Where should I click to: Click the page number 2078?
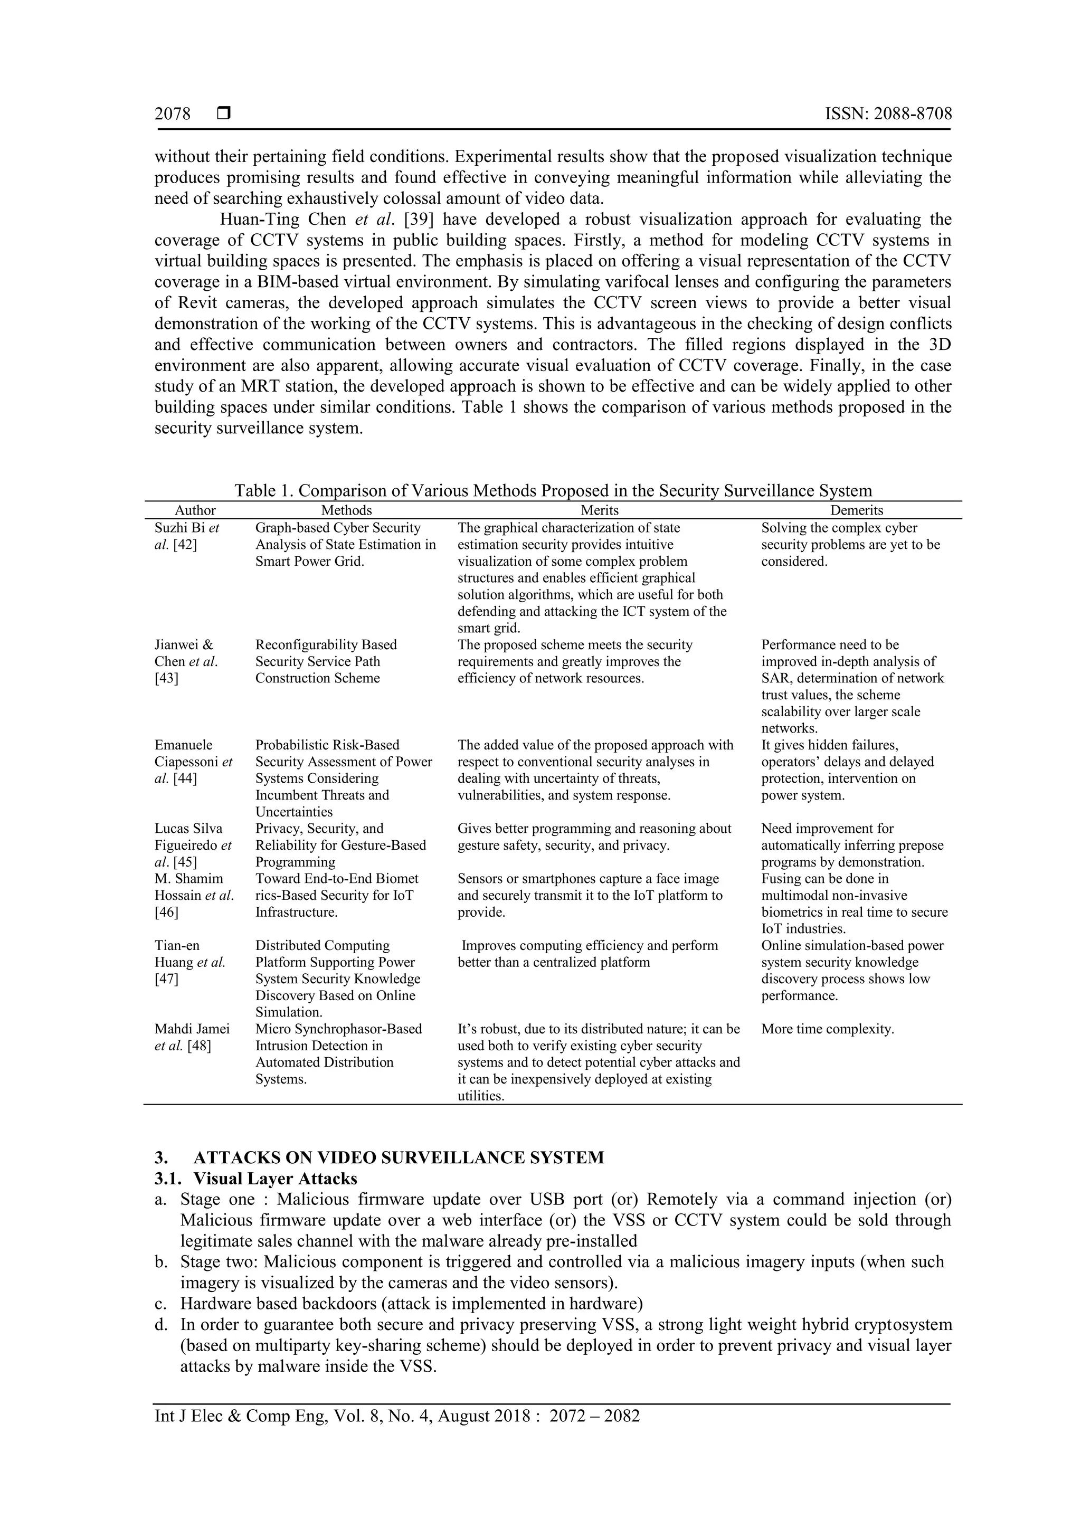pos(173,114)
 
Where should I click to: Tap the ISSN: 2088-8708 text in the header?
pos(888,114)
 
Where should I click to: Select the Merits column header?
pos(600,510)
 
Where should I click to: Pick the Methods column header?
pos(346,510)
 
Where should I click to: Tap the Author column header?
pos(195,510)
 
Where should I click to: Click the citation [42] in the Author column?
pos(185,545)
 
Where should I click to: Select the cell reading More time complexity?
pos(827,1029)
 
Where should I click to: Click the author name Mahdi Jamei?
pos(192,1029)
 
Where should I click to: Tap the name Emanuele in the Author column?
pos(184,745)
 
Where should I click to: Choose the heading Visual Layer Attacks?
pos(275,1179)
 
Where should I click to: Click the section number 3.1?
pos(168,1179)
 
